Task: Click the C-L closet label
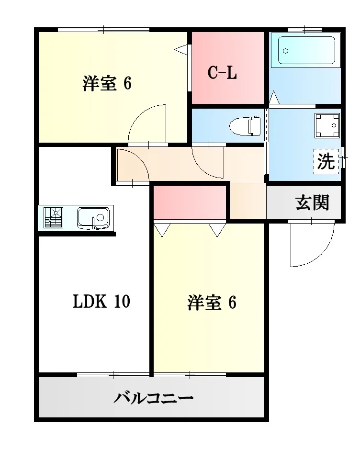click(222, 73)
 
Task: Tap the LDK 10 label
click(101, 302)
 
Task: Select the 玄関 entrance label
click(312, 203)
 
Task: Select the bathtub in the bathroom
click(304, 50)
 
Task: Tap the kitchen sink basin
click(93, 218)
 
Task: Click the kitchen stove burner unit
click(53, 218)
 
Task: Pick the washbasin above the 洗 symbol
click(326, 125)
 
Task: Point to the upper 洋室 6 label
click(107, 83)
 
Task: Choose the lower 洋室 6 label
click(212, 303)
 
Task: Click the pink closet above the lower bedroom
click(190, 202)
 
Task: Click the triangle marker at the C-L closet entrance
click(181, 49)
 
